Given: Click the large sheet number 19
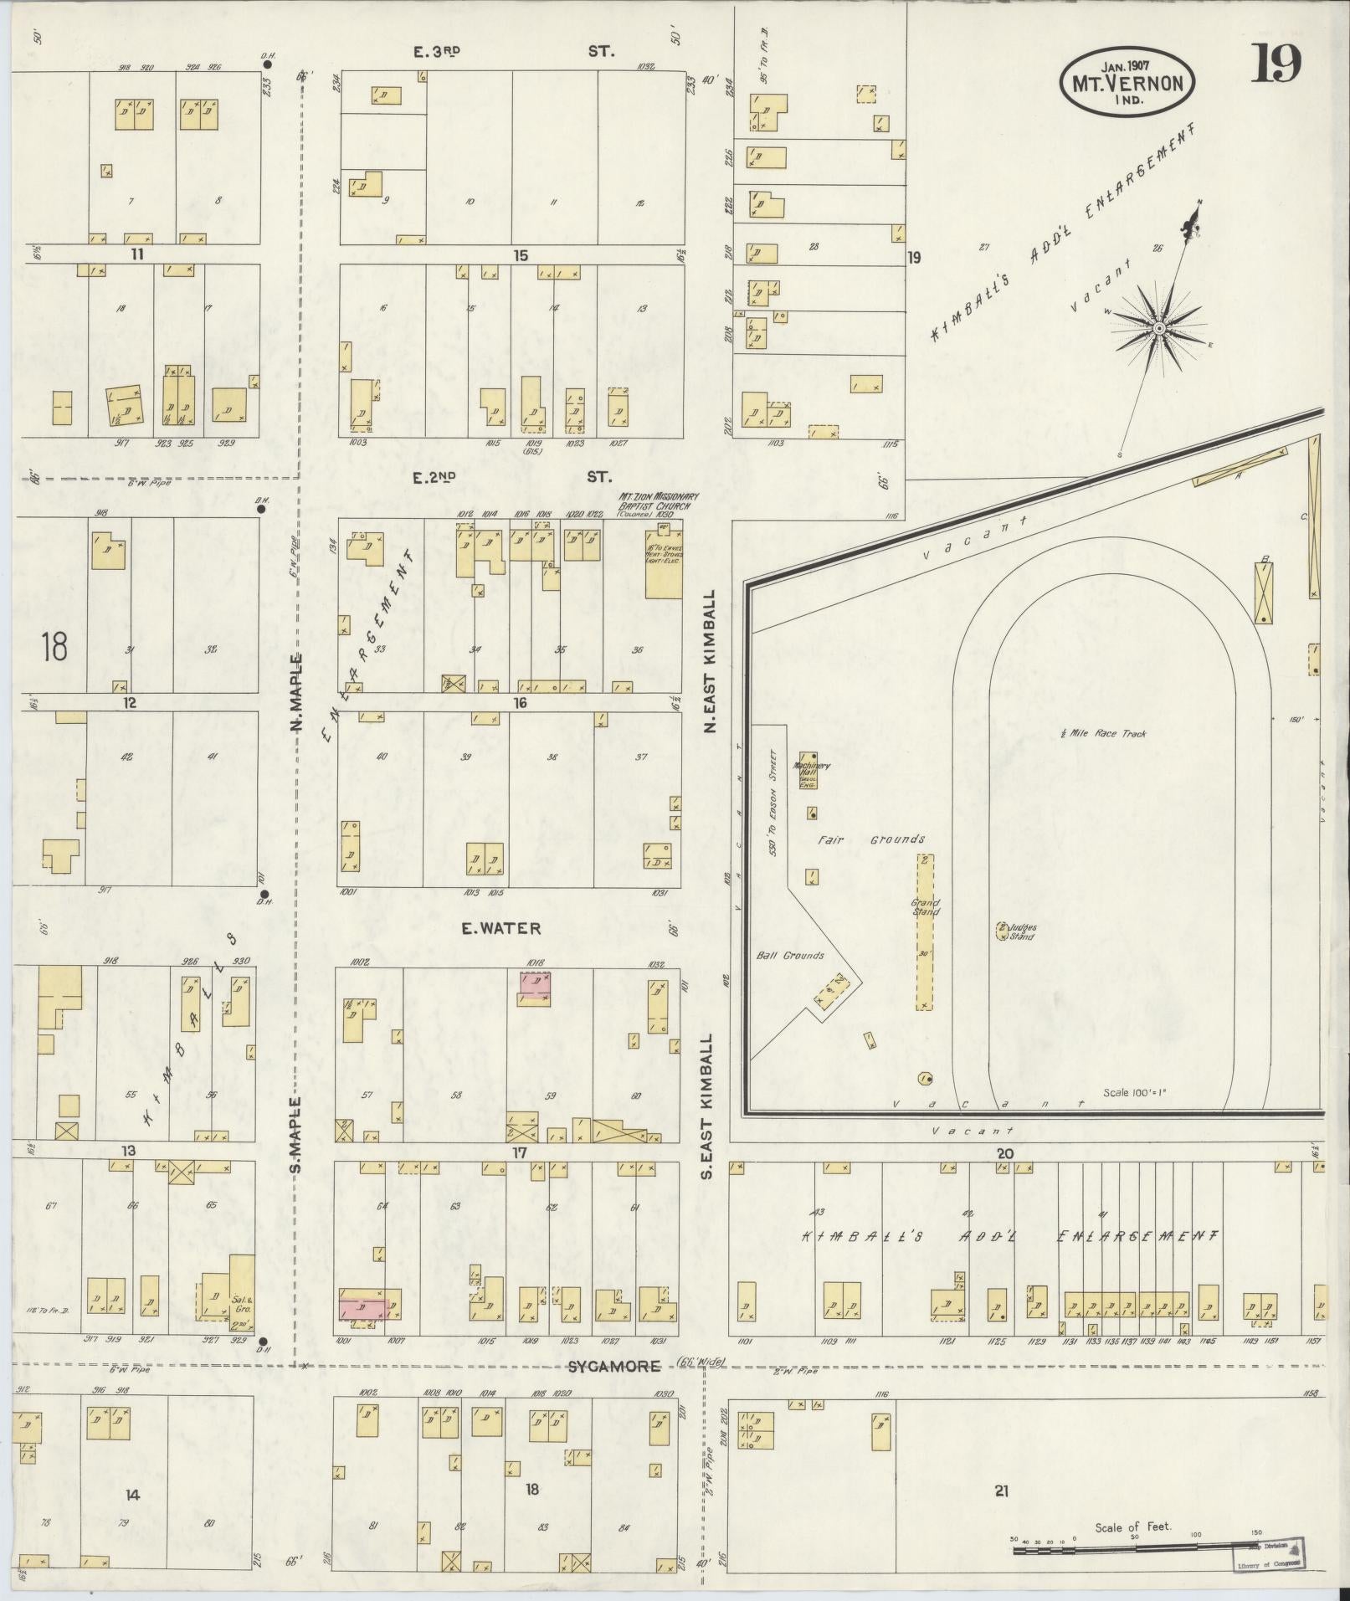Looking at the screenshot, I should click(x=1276, y=64).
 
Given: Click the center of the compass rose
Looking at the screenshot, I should click(x=1159, y=328).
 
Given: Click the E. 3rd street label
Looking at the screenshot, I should click(x=437, y=51).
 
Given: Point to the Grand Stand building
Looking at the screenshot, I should click(x=924, y=933).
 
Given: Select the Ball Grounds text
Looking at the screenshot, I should click(x=790, y=955).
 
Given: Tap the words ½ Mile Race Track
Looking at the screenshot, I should click(x=1102, y=734).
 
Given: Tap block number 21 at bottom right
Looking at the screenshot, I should click(x=1002, y=1490).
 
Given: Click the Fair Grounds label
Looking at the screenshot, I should click(x=870, y=839).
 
